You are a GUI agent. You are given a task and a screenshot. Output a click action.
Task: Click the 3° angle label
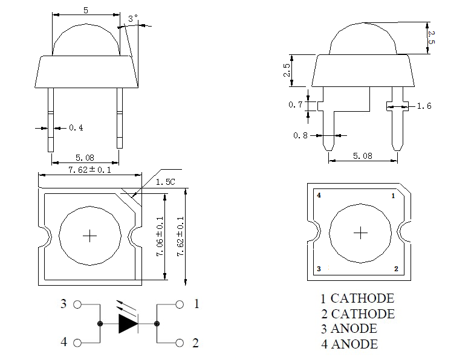point(133,19)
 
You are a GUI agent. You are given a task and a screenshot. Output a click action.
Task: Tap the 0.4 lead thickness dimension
point(76,127)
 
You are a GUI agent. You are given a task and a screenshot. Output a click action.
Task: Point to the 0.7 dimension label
point(295,105)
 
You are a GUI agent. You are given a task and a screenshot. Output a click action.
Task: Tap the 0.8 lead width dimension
point(300,136)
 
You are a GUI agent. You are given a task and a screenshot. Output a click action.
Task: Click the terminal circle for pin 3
point(77,305)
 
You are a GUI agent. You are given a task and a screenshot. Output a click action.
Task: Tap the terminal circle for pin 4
point(77,343)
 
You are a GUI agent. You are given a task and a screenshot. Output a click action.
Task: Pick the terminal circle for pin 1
point(179,305)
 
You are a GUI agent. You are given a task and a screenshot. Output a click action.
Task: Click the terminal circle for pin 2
point(179,343)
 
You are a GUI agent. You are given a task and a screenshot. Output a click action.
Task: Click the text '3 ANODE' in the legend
point(348,329)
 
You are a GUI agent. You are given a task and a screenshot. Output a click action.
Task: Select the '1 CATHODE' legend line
point(357,298)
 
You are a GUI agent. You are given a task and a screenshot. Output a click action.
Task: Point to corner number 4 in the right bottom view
point(319,196)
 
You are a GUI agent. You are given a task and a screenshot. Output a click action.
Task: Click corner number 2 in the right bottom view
point(396,269)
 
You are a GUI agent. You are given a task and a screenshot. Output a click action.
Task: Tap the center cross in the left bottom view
point(89,236)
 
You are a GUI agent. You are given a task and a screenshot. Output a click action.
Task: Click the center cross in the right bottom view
point(360,233)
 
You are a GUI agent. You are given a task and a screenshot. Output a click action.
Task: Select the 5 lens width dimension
point(86,10)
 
